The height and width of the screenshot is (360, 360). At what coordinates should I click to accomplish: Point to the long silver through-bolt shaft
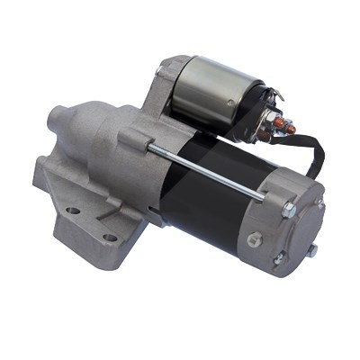click(x=207, y=171)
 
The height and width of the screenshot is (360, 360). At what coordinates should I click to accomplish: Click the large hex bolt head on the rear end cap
click(x=289, y=211)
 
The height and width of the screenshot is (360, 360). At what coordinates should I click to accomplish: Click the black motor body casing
click(x=211, y=193)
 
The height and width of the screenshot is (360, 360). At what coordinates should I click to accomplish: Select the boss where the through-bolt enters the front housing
click(x=135, y=139)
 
